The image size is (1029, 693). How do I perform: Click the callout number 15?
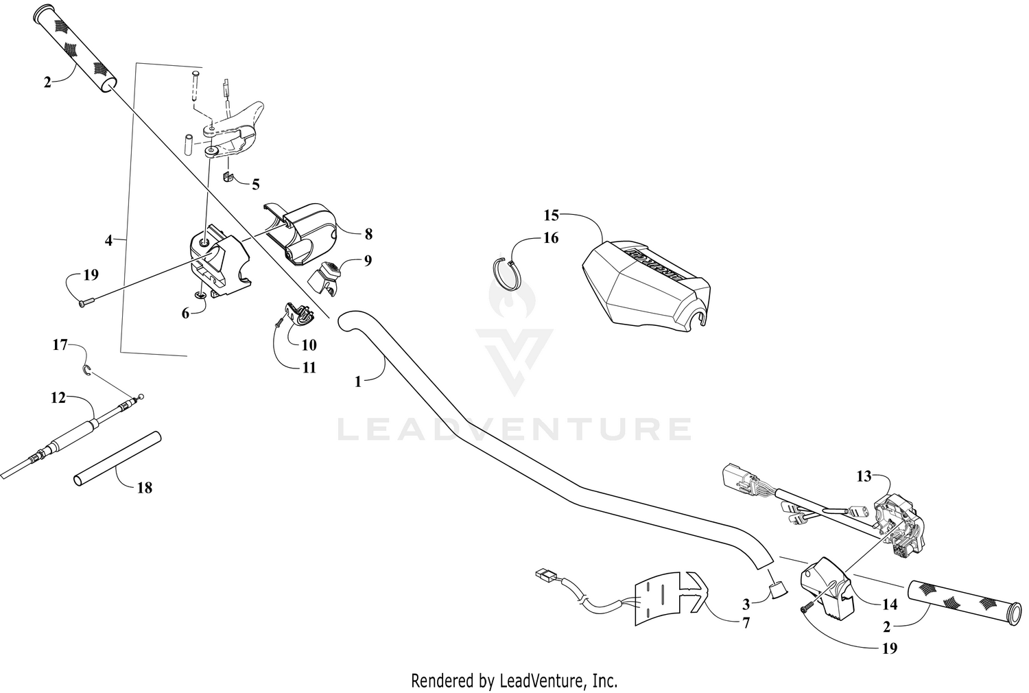pos(552,215)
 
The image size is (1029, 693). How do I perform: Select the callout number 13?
pos(864,477)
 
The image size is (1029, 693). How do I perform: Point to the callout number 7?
pos(746,623)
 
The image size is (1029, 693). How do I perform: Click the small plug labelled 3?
pos(777,589)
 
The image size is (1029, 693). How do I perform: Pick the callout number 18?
pos(145,488)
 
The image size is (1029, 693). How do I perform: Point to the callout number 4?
pos(108,240)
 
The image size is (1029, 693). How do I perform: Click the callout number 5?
pos(256,185)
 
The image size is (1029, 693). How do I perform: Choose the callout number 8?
pos(368,234)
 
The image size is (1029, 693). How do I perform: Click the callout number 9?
pos(368,261)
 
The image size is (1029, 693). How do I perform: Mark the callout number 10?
pos(309,344)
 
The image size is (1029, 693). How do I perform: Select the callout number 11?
pos(309,368)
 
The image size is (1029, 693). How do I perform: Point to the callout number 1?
pos(358,382)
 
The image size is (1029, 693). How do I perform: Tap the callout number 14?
pos(890,604)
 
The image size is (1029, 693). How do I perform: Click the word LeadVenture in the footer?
pos(541,680)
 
